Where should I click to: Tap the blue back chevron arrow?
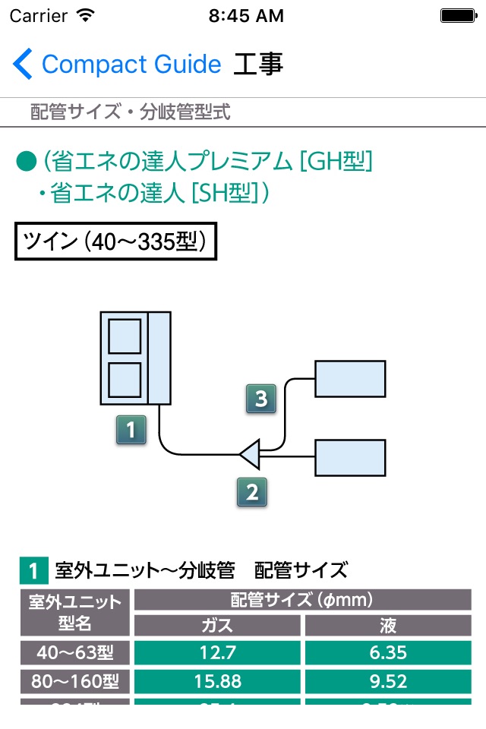(23, 64)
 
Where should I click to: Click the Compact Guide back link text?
(131, 64)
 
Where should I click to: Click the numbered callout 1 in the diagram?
(131, 430)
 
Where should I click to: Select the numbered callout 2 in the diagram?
(252, 491)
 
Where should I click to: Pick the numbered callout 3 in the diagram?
(260, 399)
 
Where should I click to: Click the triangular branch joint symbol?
(251, 455)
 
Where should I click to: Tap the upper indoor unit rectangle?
(350, 379)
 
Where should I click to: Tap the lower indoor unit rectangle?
(350, 457)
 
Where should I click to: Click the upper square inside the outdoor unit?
(125, 336)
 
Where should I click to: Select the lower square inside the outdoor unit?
(125, 380)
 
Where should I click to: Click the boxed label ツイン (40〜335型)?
(115, 241)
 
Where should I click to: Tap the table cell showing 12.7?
(218, 652)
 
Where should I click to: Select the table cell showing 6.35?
(387, 652)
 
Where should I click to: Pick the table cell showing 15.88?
(218, 680)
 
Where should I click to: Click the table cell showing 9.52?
(387, 680)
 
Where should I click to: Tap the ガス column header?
(218, 625)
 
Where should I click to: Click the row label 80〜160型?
(75, 680)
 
